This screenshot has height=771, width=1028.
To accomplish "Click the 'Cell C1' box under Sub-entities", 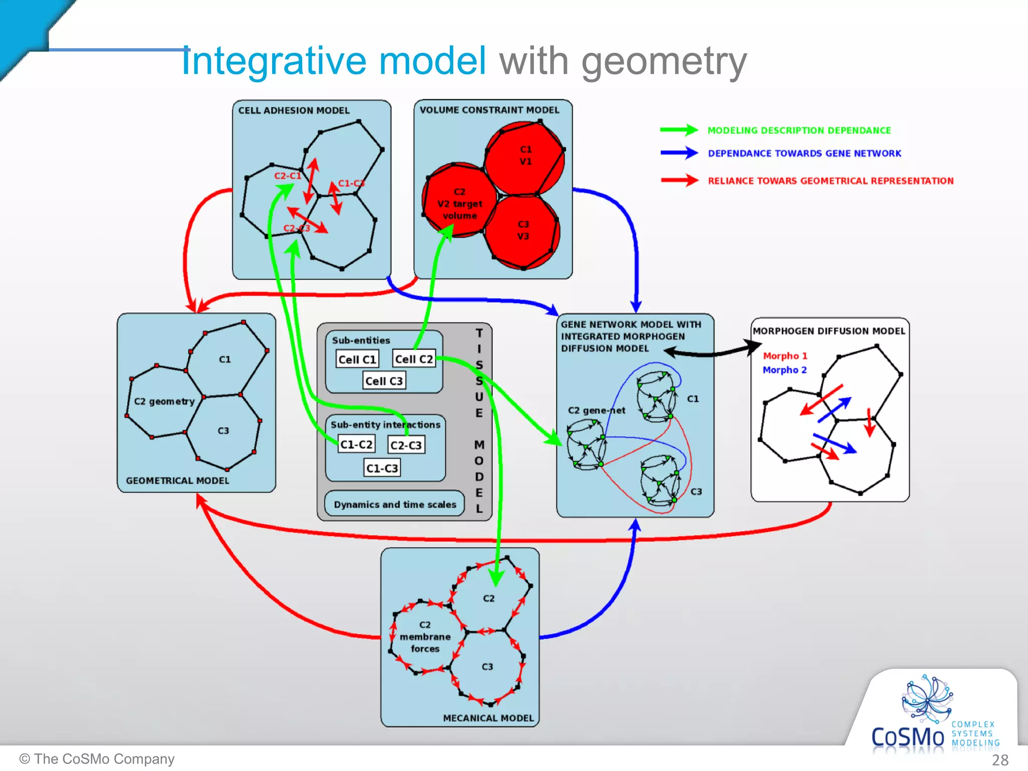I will tap(357, 359).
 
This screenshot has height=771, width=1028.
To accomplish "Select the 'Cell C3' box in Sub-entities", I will tap(384, 381).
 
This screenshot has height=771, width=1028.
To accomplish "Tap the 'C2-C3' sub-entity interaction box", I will tap(406, 445).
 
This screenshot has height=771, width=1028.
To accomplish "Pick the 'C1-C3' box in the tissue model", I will tap(382, 468).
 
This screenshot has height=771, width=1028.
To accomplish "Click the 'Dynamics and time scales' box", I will tap(395, 504).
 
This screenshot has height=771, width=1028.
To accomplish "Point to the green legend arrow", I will tap(679, 130).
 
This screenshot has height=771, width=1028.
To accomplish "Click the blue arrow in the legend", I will tap(679, 153).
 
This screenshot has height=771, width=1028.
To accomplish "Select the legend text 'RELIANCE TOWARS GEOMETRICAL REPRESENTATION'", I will tap(830, 181).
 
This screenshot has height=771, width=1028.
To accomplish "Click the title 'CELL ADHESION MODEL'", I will tap(294, 110).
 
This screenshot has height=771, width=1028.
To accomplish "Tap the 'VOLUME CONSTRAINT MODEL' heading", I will tap(489, 110).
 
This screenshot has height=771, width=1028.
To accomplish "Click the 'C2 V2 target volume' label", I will tap(459, 204).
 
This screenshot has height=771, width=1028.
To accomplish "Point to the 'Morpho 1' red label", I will tap(785, 356).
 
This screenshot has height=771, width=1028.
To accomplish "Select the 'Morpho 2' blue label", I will tap(785, 370).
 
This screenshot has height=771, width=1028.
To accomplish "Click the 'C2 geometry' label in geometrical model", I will tap(164, 402).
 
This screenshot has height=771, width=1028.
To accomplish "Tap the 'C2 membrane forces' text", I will tap(425, 636).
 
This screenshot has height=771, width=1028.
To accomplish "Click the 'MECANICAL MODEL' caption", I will tap(488, 718).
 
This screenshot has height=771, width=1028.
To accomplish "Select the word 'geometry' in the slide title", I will tap(664, 61).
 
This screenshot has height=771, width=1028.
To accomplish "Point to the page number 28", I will tap(1000, 760).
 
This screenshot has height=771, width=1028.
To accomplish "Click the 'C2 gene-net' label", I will tap(596, 410).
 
